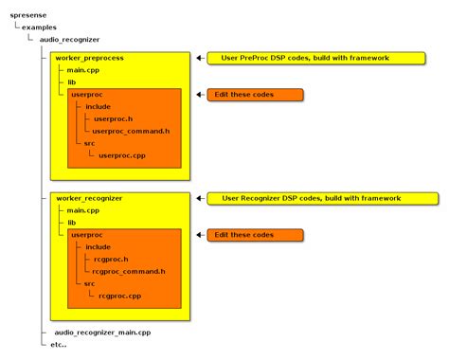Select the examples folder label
(41, 28)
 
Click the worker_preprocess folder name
(90, 59)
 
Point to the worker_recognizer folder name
(90, 198)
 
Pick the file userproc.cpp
(120, 154)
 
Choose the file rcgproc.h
(111, 258)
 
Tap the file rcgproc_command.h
(129, 270)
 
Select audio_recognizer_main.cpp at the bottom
(102, 333)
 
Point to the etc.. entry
(59, 345)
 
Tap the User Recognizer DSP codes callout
(318, 198)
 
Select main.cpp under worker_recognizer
(81, 210)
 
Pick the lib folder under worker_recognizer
(71, 222)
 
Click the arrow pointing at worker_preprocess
(200, 59)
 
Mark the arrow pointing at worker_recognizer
(200, 198)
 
